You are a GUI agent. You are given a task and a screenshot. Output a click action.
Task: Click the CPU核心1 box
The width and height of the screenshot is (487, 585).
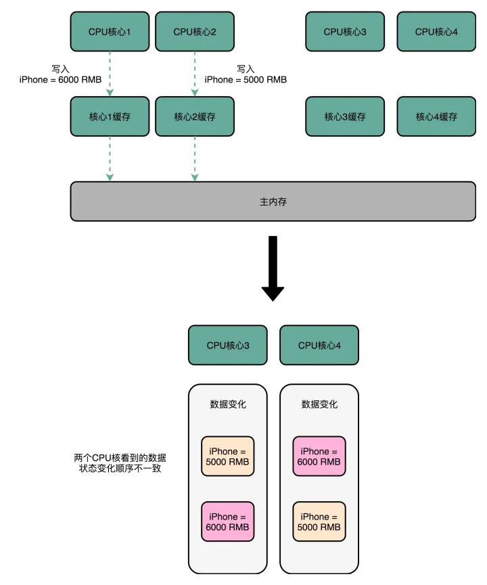[110, 32]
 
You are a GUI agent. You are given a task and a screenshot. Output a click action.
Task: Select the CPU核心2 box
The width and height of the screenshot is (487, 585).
[195, 32]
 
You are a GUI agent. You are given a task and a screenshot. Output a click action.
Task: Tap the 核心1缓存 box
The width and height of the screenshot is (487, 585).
[110, 116]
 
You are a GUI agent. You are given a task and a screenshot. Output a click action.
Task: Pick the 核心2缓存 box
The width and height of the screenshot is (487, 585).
[195, 116]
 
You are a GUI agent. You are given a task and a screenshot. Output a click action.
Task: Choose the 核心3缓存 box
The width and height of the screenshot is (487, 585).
[345, 116]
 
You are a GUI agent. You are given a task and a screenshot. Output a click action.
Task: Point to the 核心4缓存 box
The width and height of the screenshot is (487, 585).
[436, 116]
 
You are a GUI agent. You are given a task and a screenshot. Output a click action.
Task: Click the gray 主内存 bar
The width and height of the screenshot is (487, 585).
[273, 202]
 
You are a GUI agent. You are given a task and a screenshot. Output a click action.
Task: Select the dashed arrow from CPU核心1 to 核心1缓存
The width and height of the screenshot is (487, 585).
[110, 74]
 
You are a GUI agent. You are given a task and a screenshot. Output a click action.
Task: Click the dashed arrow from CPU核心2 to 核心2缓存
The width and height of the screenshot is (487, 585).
[195, 74]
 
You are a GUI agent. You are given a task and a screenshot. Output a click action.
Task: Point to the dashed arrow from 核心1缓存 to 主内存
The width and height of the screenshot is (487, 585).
[110, 159]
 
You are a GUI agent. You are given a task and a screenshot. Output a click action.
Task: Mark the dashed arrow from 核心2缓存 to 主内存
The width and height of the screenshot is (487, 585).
[195, 159]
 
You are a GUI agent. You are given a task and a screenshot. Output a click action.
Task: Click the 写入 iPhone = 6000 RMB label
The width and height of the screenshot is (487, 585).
[61, 74]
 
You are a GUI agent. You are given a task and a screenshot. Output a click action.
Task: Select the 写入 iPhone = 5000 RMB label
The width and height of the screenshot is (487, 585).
[246, 74]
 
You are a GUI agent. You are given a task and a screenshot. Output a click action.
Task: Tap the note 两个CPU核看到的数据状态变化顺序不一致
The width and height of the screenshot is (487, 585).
[119, 463]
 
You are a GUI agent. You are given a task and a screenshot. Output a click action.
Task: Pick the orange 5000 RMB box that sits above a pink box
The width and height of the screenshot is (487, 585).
[228, 456]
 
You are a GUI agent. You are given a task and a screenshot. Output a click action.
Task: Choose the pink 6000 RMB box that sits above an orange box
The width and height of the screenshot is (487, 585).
[319, 456]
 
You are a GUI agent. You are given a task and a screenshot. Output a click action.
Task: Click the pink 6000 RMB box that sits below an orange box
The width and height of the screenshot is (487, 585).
[228, 521]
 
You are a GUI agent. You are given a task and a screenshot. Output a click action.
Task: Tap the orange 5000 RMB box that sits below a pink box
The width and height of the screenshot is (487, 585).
[319, 521]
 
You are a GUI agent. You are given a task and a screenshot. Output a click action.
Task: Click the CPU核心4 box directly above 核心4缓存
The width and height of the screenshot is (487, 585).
[436, 32]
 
